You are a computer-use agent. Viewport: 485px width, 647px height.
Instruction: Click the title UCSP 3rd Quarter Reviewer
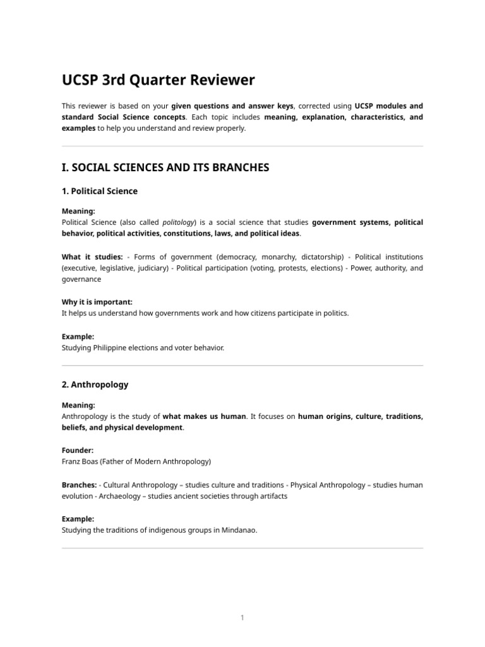[159, 80]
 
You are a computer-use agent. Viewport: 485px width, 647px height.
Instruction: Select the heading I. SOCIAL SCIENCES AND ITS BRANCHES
[165, 167]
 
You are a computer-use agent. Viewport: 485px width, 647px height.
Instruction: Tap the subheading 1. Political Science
[99, 191]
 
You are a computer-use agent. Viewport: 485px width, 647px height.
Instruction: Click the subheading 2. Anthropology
[95, 384]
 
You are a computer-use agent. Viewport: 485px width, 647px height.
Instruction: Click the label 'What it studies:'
[92, 257]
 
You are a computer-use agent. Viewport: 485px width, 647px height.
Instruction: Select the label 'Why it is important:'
[97, 303]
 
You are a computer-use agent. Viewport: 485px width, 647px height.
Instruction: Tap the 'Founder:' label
[78, 450]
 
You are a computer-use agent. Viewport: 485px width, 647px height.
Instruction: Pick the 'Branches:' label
[79, 485]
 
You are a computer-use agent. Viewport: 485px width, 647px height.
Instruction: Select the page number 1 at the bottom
[242, 618]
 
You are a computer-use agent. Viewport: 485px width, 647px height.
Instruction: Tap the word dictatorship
[318, 257]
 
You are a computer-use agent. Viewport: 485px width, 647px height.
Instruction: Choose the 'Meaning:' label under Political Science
[78, 212]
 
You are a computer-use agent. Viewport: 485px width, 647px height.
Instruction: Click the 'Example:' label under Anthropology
[78, 519]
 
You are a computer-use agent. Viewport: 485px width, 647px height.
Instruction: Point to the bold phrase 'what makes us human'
[204, 416]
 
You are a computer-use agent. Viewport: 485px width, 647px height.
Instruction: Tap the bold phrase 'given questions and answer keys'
[232, 106]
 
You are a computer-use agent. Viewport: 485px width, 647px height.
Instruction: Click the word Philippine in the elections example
[112, 348]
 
